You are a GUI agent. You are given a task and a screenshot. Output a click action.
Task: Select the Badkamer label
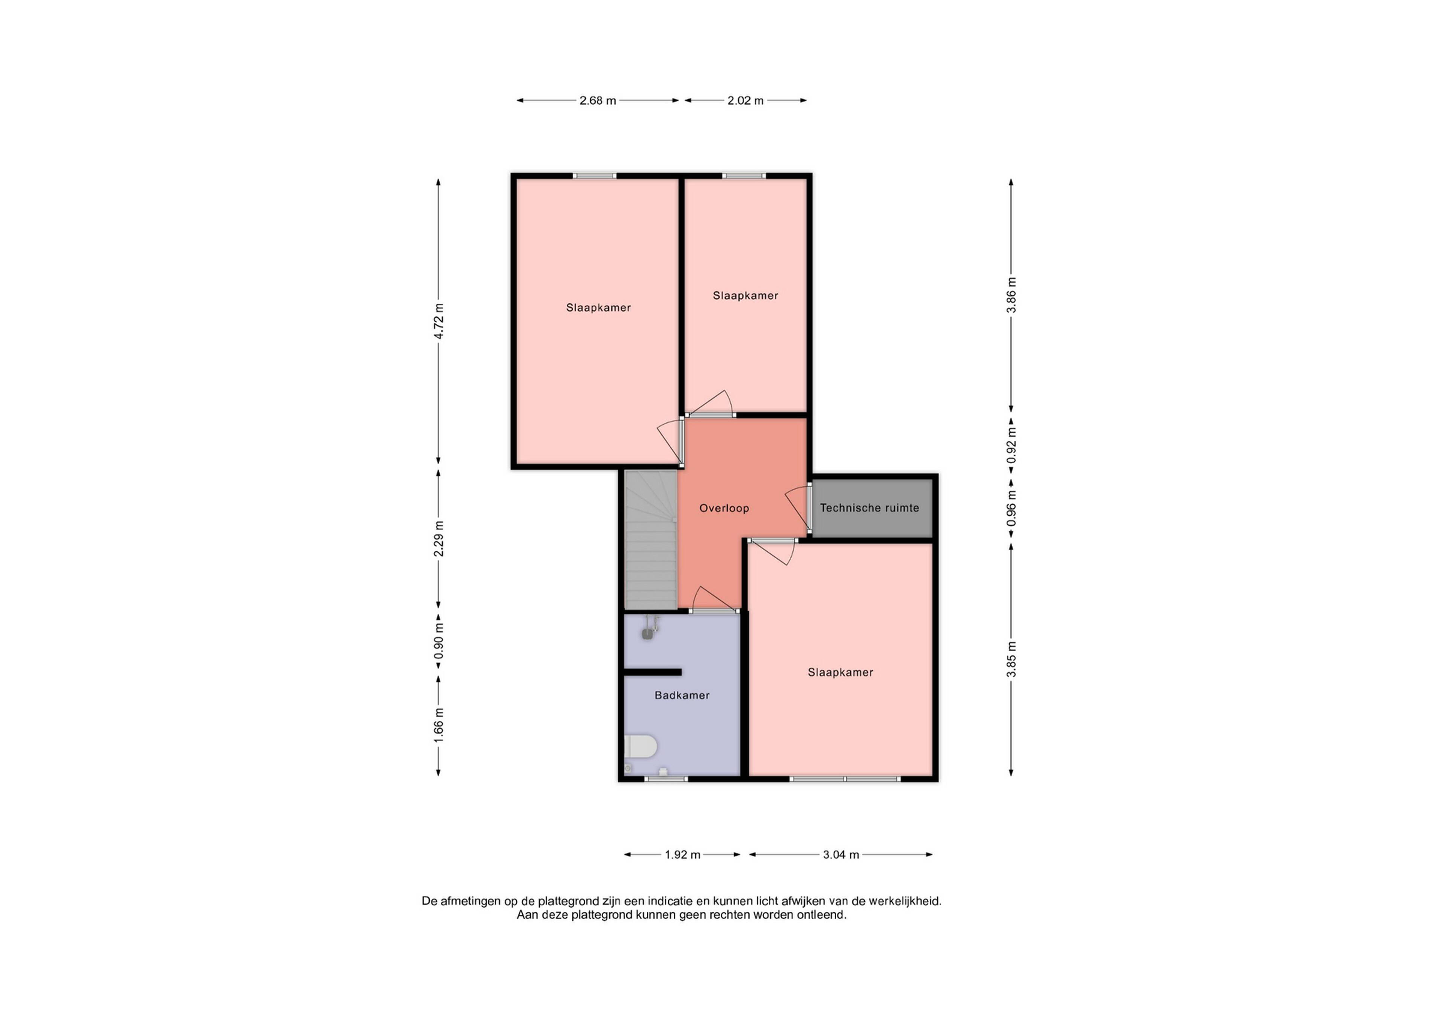tap(682, 695)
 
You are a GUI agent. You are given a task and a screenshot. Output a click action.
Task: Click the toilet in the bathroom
tap(640, 747)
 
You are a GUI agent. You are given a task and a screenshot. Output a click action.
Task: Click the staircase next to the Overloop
tap(651, 540)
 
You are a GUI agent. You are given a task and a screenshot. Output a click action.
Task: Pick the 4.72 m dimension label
tap(439, 321)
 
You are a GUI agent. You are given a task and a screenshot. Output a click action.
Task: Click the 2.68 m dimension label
tap(598, 100)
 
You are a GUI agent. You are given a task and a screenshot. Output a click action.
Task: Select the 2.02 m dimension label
tap(745, 100)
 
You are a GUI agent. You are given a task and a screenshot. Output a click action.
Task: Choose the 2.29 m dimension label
tap(439, 538)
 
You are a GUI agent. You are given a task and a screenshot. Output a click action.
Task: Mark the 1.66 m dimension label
tap(439, 726)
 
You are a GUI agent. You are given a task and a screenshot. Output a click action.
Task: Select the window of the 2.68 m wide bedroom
tap(594, 176)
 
